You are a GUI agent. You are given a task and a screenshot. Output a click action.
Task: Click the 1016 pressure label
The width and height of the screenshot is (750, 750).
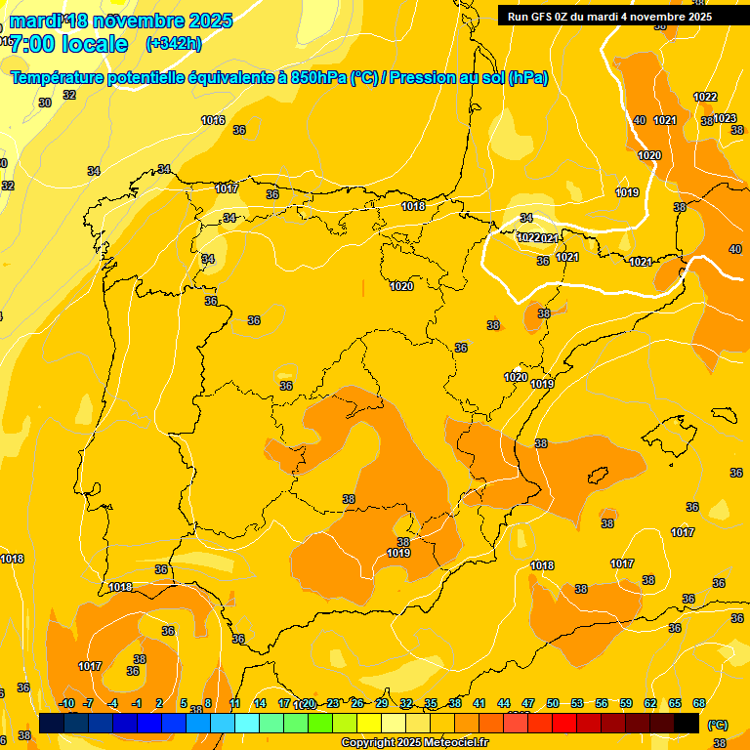coord(213,120)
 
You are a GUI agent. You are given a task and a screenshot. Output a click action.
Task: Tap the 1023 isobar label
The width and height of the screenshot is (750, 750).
coord(725,118)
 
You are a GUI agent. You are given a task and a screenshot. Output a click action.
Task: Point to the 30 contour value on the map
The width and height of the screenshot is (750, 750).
coord(45,103)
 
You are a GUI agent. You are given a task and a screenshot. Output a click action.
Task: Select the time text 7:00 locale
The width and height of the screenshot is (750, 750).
coord(68,44)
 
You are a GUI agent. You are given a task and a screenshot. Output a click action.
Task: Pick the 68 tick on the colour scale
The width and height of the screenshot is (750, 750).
coord(699,703)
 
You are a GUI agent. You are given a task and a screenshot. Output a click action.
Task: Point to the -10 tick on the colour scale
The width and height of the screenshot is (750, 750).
coord(66,703)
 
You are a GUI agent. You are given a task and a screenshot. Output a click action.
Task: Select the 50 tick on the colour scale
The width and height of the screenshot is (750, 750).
coord(553,703)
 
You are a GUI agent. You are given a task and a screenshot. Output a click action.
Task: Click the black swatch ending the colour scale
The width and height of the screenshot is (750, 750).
coord(687,723)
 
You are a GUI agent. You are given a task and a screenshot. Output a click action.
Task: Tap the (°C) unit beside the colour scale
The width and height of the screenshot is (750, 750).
coord(717,725)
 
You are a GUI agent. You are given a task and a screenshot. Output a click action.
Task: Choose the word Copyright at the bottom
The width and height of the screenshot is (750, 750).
coord(370,743)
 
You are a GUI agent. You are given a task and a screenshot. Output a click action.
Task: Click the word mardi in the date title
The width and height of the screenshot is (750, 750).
coord(35,20)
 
